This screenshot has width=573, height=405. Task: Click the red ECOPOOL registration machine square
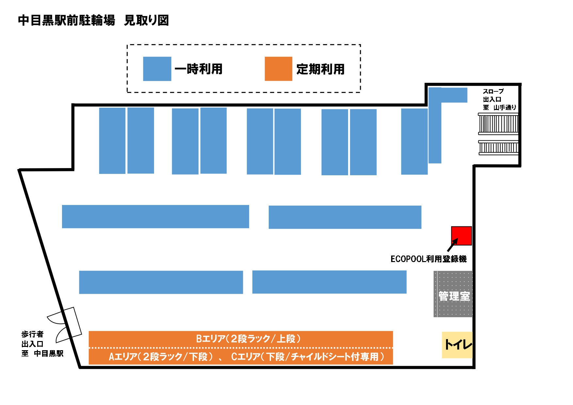coord(461,236)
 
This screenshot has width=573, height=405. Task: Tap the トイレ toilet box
coord(457,345)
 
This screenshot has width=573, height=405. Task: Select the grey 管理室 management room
coord(453,294)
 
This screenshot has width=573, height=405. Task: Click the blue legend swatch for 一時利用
coord(157,69)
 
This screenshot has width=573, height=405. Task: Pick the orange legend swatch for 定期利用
coord(278,69)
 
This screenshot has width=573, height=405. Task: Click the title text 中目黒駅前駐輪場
coord(67,20)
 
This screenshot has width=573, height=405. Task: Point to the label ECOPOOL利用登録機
coord(428,259)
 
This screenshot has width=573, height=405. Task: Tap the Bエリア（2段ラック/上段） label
coord(248,339)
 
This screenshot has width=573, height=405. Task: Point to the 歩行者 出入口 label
coord(33,339)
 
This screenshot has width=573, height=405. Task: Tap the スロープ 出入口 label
coord(493,95)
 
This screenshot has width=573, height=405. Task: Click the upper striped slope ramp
coord(498,124)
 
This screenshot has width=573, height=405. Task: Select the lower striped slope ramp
coord(498,148)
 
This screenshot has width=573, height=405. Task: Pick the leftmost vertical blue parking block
coord(112,141)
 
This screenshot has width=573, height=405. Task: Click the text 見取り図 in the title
coord(146,20)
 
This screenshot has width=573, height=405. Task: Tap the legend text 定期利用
coord(320,69)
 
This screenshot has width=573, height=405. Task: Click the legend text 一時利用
coord(199,69)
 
